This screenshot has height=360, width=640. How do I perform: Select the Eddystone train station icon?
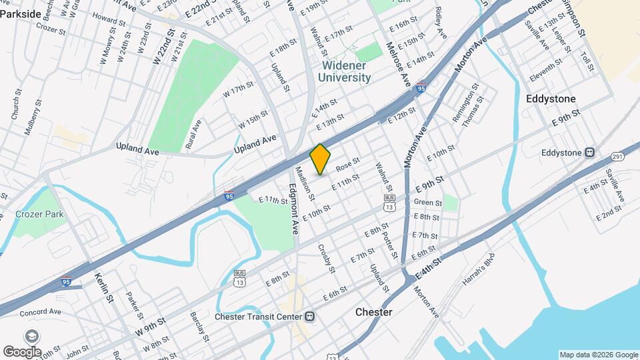click(x=589, y=153)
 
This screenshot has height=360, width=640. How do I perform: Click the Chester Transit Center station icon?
click(x=309, y=316)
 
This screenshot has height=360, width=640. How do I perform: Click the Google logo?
click(x=23, y=351)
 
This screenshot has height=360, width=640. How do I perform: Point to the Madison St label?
click(x=306, y=181)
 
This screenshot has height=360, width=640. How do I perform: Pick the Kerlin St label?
click(x=105, y=287)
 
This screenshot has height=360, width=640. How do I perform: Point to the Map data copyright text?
click(x=599, y=355)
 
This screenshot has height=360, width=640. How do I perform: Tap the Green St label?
click(x=428, y=203)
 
